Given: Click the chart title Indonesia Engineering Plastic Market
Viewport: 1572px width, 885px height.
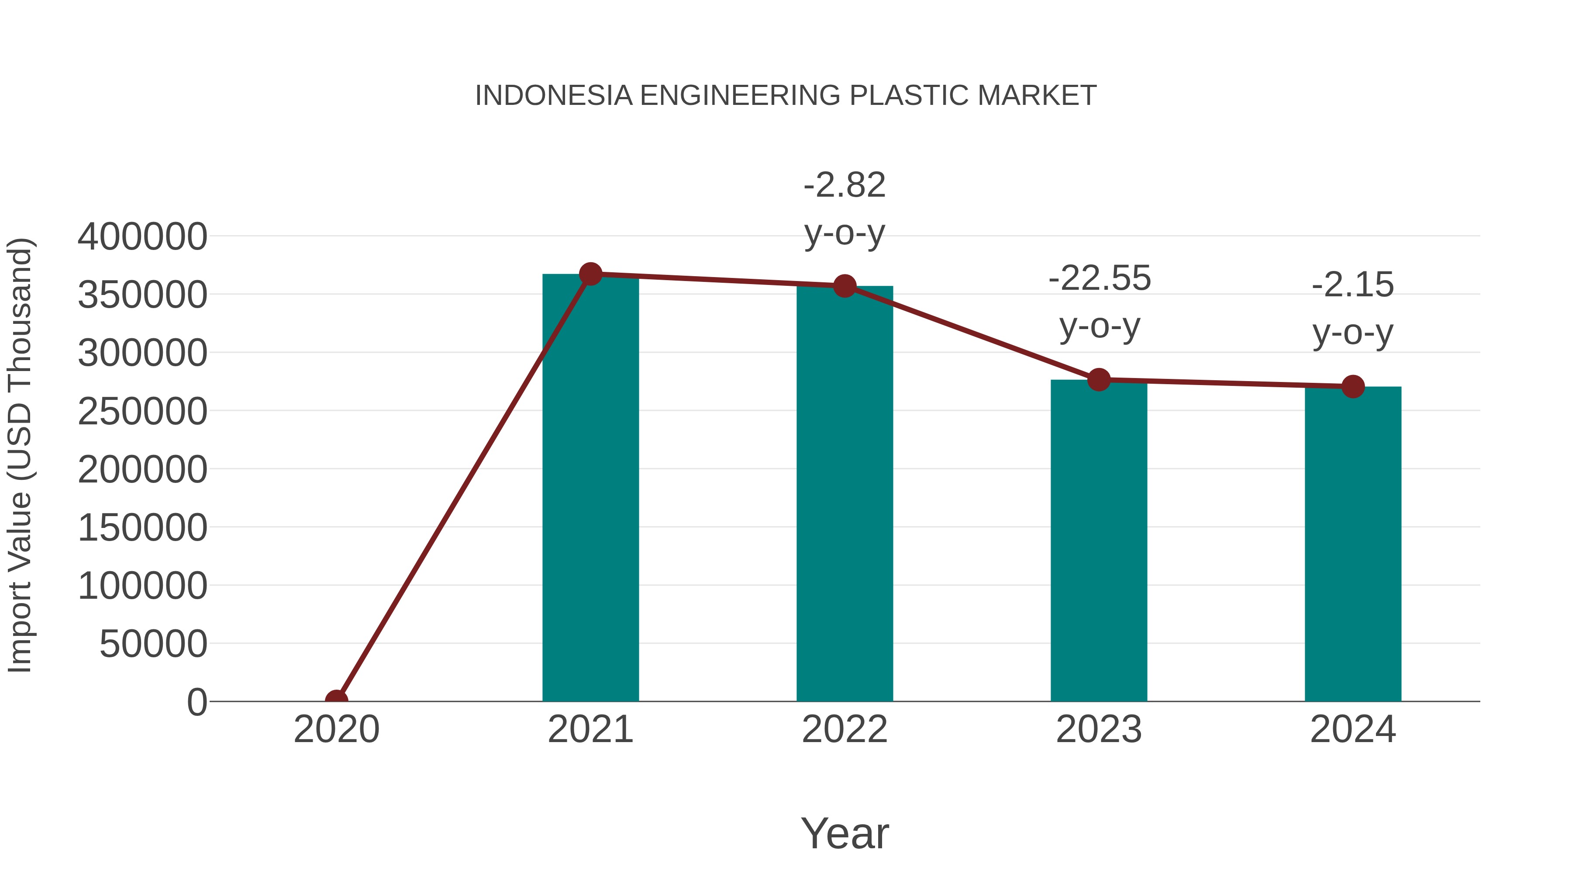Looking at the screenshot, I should [x=786, y=96].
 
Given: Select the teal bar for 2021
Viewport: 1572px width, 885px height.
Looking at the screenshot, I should [x=590, y=489].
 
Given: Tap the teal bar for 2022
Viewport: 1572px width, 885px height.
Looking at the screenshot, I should [x=845, y=495].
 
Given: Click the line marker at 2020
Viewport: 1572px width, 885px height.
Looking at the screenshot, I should [x=337, y=701].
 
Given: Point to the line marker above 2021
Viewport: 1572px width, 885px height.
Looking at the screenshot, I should [x=590, y=274].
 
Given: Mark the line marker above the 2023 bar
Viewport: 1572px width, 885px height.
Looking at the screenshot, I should [x=1099, y=380].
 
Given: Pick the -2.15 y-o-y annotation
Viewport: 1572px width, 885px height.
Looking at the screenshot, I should [x=1353, y=309].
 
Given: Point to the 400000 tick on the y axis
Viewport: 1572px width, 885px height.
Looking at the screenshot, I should [x=142, y=237].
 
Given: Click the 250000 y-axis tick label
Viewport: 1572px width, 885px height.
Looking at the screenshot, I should [x=142, y=412].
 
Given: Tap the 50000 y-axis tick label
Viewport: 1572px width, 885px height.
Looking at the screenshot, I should [x=153, y=644].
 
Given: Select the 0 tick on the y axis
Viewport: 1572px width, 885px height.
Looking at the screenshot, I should [x=197, y=702].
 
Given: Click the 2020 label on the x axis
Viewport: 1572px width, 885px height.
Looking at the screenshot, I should [x=337, y=730].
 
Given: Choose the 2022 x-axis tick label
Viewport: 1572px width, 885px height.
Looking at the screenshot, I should [x=845, y=730].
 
